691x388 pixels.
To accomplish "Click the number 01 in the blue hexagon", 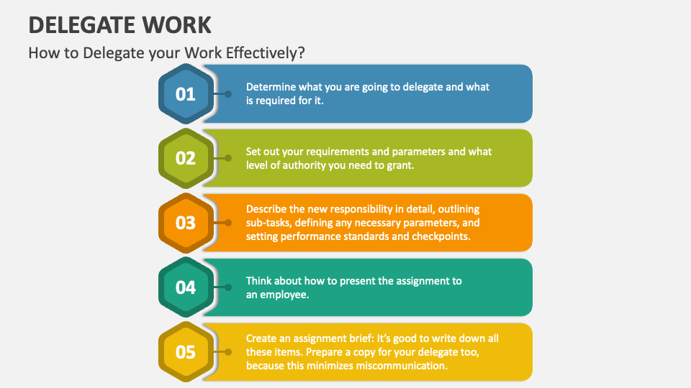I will pos(186,93).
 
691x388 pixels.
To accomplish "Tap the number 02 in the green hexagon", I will pos(186,158).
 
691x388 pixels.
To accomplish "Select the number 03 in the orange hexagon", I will pos(186,223).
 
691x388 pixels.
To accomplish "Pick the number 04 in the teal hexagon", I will pos(186,287).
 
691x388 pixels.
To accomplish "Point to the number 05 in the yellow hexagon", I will pos(186,352).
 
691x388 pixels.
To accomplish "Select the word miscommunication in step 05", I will pos(406,365).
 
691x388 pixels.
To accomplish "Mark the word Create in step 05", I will pos(261,338).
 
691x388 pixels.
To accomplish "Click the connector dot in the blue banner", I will pos(228,93).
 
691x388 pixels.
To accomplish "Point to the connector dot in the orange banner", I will pos(228,223).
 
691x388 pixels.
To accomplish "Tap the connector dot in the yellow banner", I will pos(228,352).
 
